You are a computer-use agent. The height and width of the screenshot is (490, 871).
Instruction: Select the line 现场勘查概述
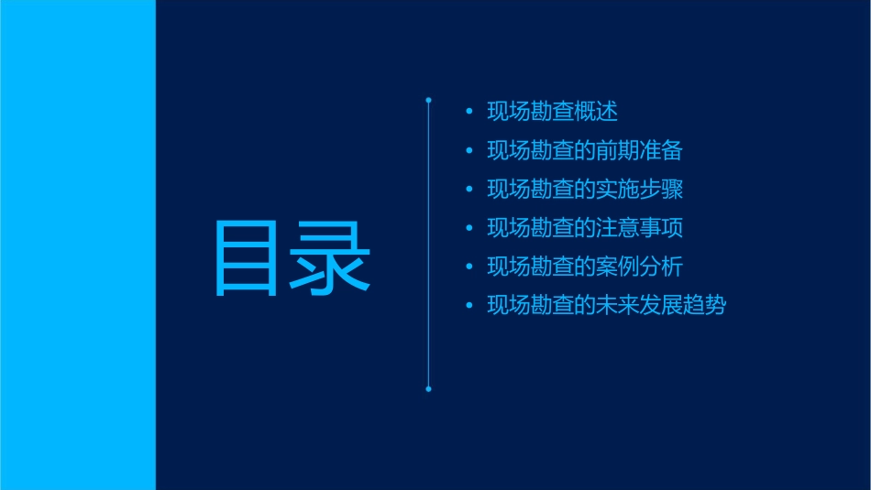pos(552,112)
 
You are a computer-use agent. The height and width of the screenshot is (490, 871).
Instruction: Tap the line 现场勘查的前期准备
pos(584,150)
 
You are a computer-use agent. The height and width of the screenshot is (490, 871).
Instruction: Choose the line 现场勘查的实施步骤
pos(584,189)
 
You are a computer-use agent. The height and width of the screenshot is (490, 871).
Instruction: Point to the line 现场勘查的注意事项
pos(584,228)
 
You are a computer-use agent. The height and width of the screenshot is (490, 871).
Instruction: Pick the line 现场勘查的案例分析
pos(584,267)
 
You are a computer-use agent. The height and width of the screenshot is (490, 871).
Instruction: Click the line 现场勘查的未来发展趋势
pos(605,305)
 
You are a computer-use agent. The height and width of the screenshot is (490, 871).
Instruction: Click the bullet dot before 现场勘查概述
pos(469,113)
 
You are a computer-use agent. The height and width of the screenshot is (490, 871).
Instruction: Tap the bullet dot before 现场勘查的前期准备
pos(469,151)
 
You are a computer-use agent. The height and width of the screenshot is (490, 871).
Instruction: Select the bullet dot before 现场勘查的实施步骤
pos(469,190)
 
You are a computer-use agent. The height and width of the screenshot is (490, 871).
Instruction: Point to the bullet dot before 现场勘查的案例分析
pos(469,267)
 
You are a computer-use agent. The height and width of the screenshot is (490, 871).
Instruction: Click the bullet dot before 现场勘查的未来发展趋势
pos(469,306)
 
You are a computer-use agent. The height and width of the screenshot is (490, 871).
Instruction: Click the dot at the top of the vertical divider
pos(428,99)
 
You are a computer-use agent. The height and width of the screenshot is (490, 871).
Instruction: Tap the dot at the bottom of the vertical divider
pos(428,389)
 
